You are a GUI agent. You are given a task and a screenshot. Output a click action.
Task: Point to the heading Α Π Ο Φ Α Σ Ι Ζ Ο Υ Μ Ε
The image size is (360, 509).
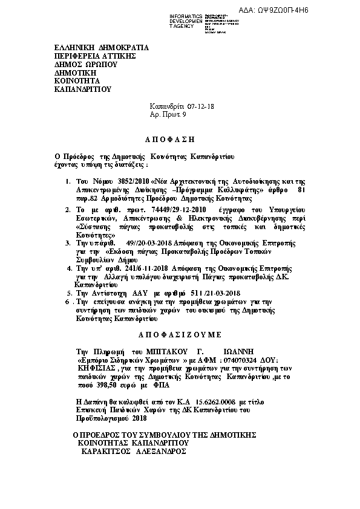pos(179,334)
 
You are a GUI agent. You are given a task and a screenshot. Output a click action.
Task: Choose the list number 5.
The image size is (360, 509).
pos(68,292)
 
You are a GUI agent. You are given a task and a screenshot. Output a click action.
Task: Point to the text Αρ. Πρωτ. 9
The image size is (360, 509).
pos(168,114)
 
